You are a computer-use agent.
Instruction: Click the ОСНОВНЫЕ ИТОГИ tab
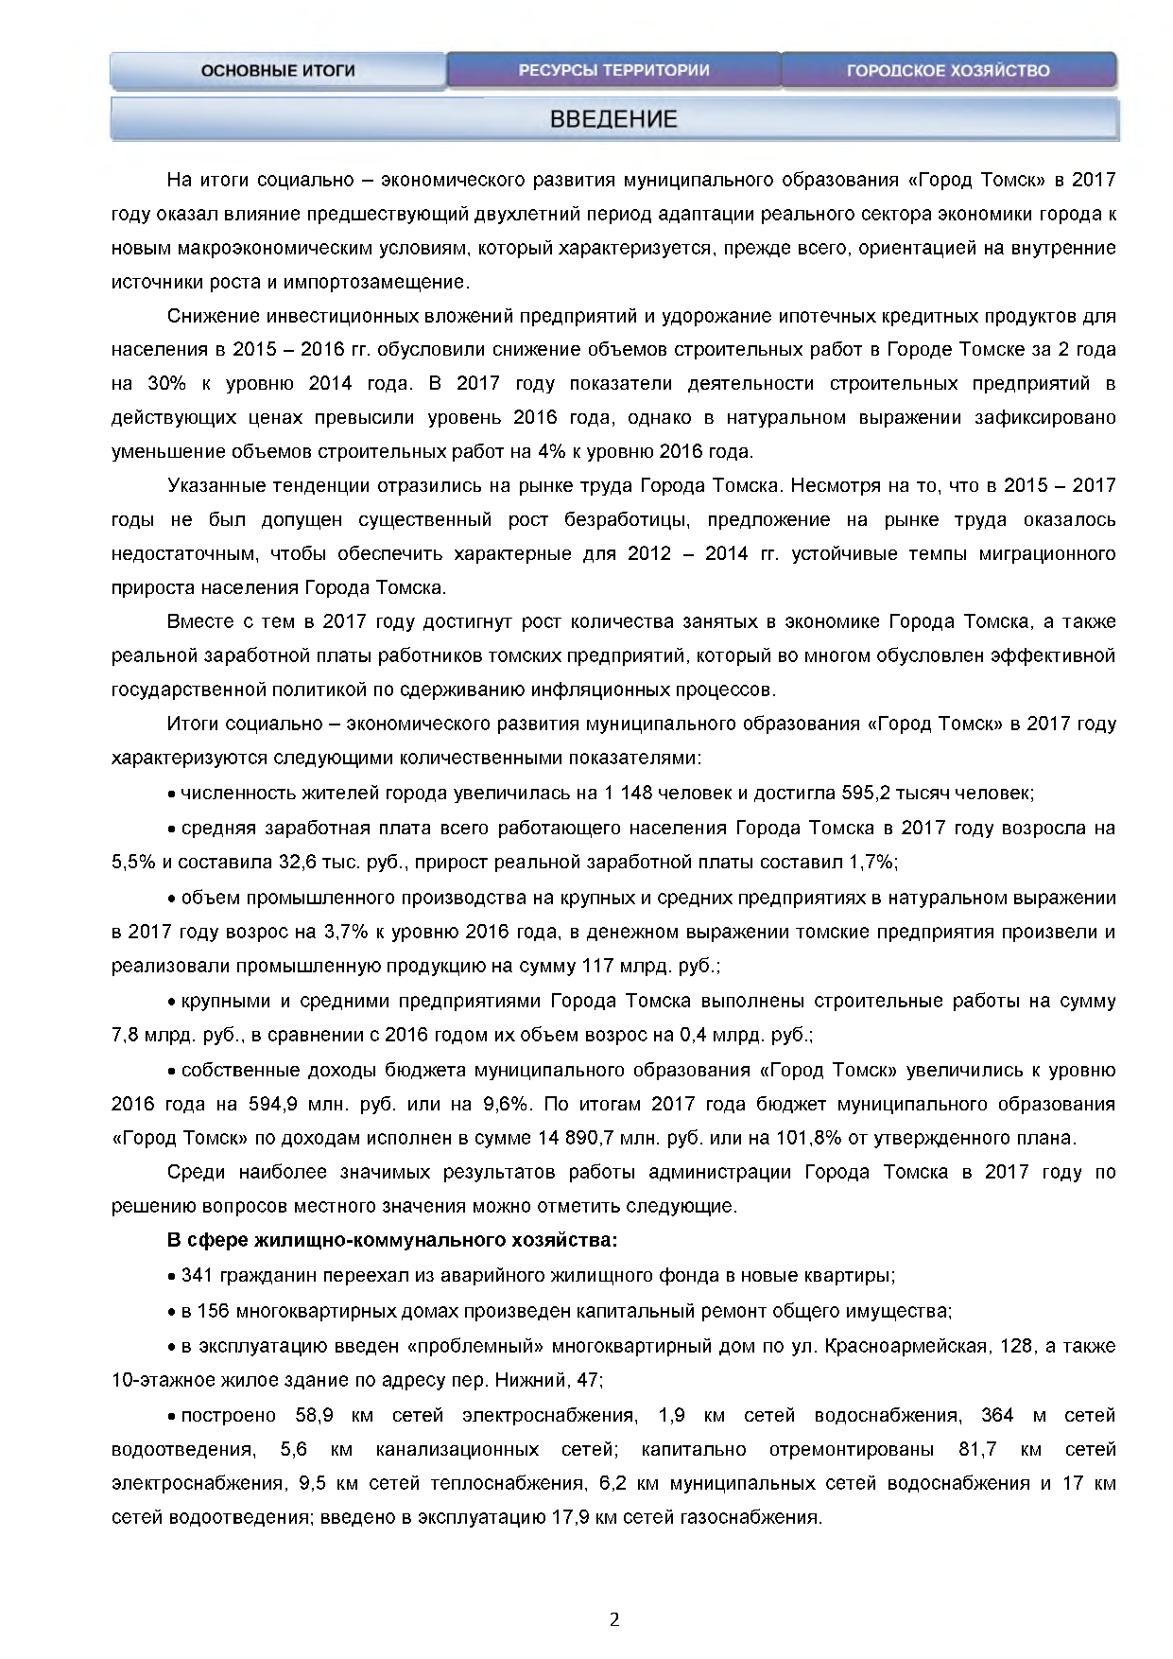click(278, 71)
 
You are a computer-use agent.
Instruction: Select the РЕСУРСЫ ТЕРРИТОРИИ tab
click(613, 71)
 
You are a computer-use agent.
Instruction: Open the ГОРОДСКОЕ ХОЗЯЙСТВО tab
click(948, 71)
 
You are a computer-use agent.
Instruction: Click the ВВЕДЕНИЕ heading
click(614, 120)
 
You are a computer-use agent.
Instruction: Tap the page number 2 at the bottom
click(614, 1620)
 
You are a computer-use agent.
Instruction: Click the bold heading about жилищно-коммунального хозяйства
click(392, 1240)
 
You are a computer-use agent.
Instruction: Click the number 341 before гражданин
click(197, 1276)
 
